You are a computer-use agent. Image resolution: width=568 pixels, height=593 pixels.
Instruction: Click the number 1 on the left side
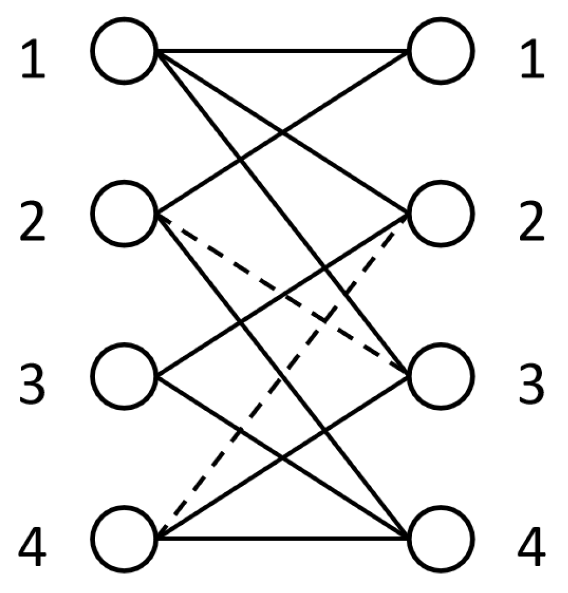click(33, 60)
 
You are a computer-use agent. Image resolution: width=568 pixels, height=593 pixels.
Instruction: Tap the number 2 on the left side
click(33, 222)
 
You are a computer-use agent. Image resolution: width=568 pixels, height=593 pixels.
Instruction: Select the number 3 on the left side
click(33, 385)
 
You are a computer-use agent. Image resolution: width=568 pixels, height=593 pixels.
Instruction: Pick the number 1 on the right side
click(533, 60)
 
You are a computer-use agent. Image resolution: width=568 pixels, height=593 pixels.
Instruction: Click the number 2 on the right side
click(532, 222)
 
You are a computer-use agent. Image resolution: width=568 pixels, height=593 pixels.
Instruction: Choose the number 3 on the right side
click(532, 385)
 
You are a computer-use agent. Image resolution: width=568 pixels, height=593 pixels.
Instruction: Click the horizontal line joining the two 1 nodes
click(283, 51)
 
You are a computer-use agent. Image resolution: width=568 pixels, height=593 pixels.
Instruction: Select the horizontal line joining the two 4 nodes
click(283, 539)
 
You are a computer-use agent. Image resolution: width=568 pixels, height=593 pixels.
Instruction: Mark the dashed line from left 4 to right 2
click(283, 376)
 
